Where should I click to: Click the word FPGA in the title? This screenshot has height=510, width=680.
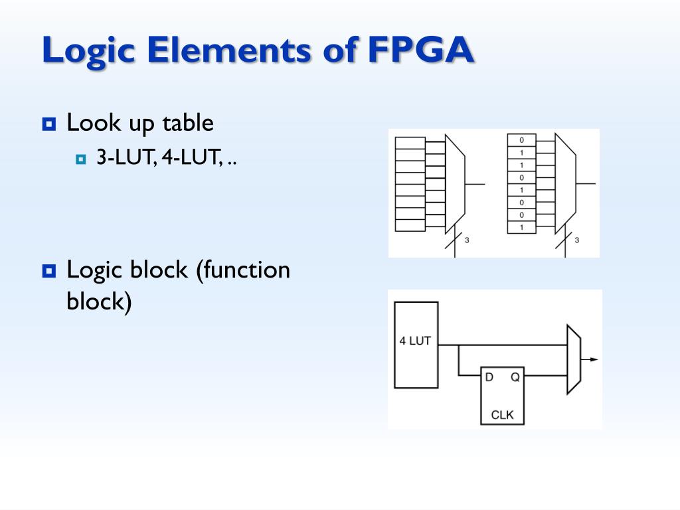(x=420, y=49)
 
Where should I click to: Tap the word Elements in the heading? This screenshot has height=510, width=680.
(x=228, y=49)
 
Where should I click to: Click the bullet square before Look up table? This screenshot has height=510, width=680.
(x=49, y=124)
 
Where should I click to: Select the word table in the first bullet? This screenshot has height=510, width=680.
(x=188, y=123)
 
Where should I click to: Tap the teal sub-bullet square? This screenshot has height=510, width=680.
(x=80, y=159)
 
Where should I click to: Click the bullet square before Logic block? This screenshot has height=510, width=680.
(x=49, y=272)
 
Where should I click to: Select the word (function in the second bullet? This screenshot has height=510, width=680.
(x=243, y=270)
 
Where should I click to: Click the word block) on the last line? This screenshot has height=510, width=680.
(x=99, y=301)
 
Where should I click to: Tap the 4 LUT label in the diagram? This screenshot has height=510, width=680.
(x=415, y=341)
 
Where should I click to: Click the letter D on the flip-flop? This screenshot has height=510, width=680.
(x=489, y=377)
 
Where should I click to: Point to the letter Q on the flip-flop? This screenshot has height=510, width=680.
(x=515, y=377)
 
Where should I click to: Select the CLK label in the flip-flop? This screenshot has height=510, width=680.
(x=502, y=415)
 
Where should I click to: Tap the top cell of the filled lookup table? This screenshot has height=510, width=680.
(x=522, y=140)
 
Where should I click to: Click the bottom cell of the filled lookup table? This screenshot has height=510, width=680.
(x=522, y=227)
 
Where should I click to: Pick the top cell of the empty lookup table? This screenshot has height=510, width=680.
(x=410, y=143)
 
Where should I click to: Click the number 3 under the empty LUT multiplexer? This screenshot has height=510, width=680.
(x=467, y=240)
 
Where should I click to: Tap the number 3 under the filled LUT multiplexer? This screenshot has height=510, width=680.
(x=577, y=240)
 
